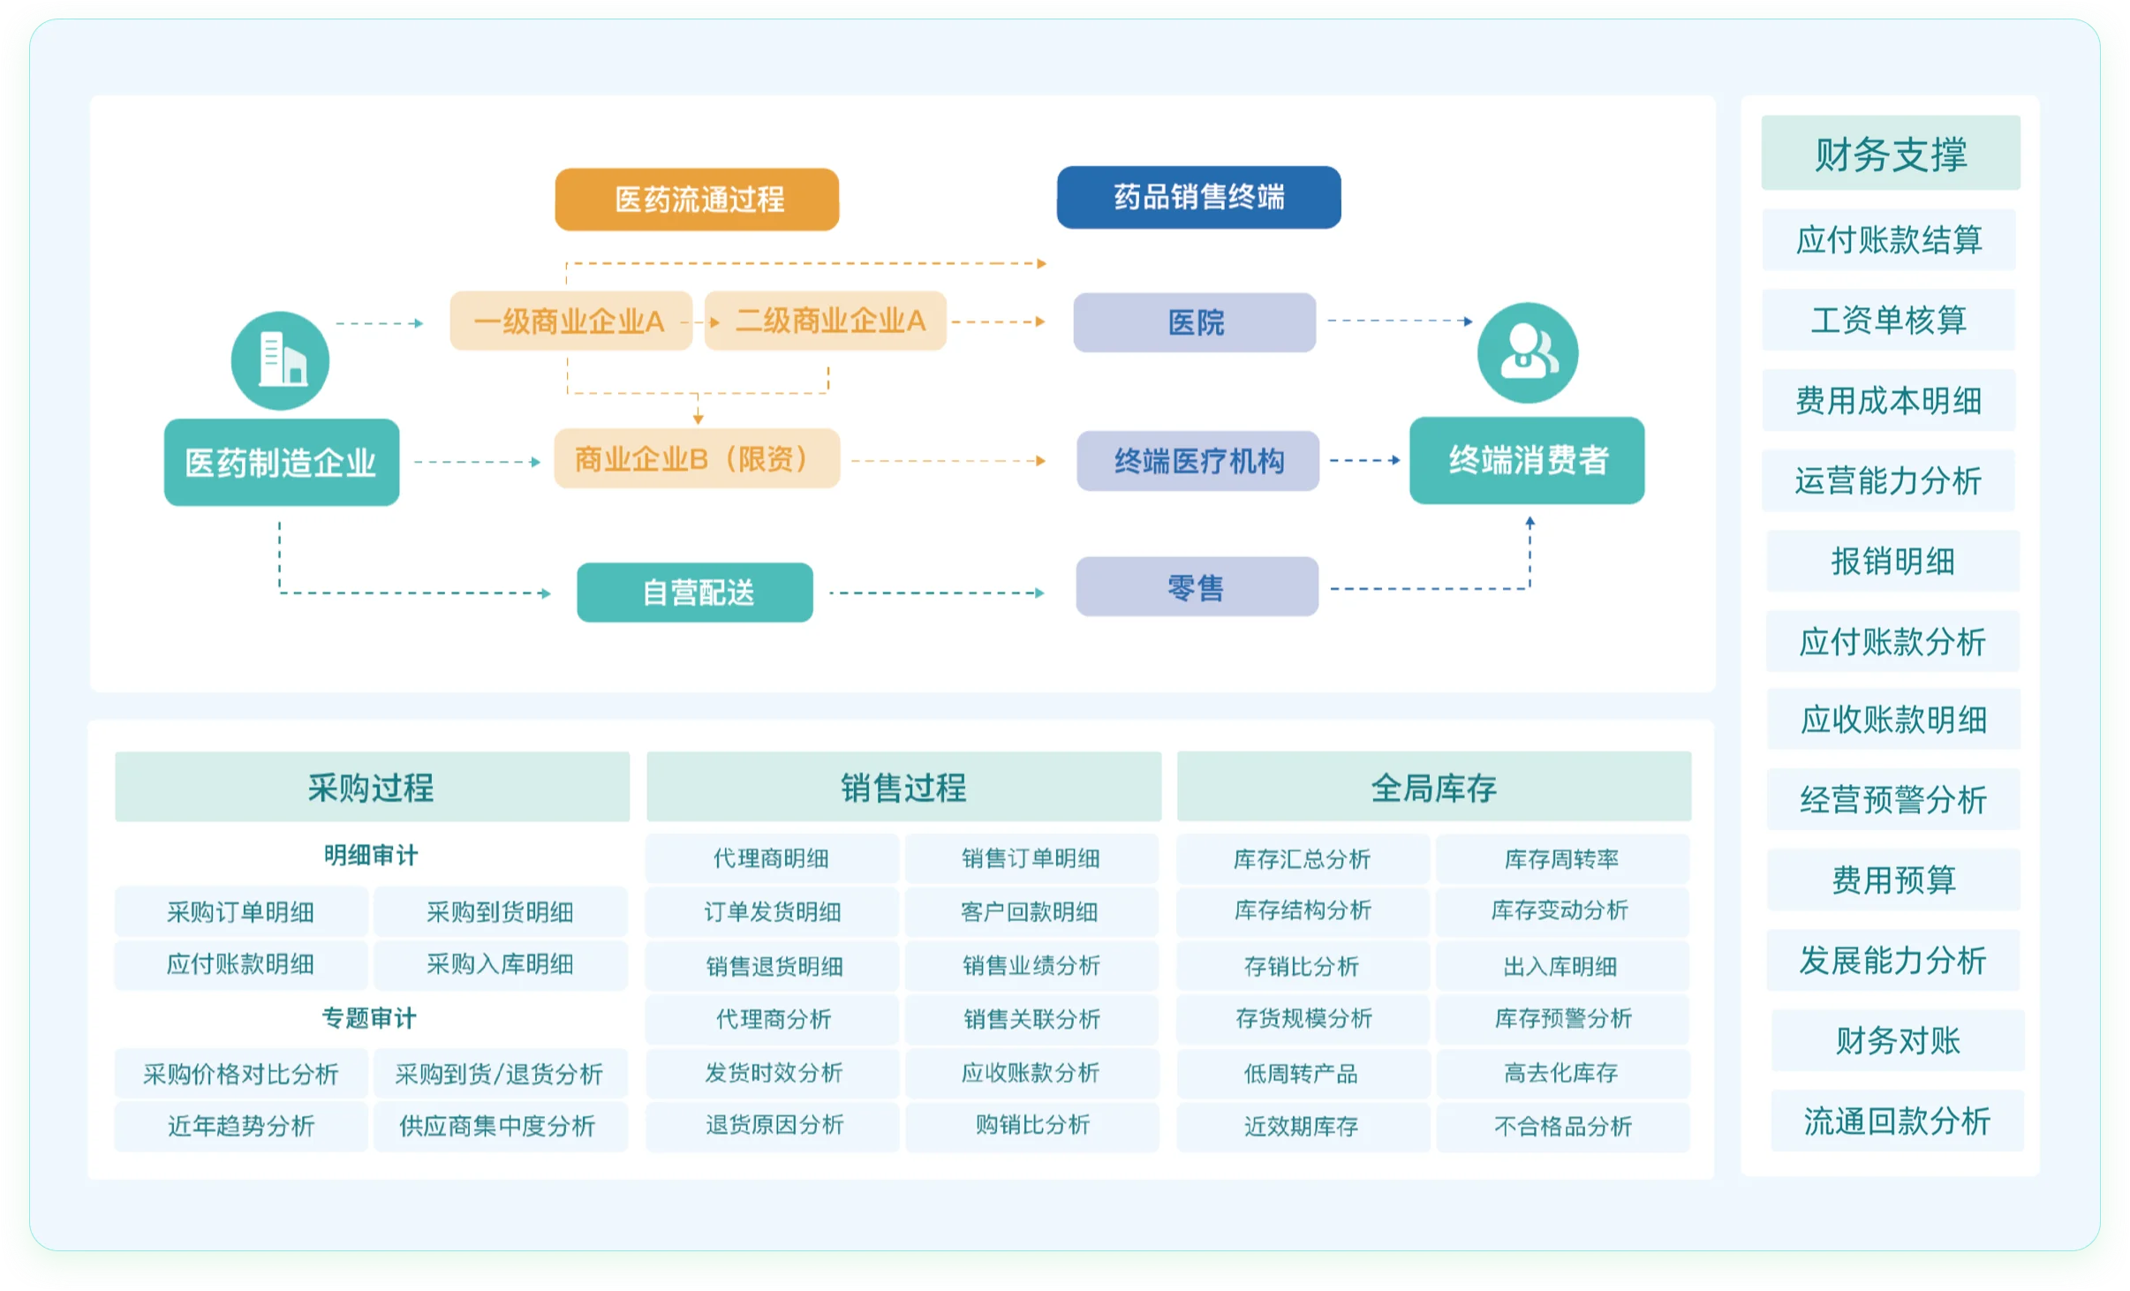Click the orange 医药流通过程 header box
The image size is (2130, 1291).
[697, 200]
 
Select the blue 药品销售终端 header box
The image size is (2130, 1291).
[1198, 197]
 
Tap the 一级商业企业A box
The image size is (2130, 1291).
[570, 321]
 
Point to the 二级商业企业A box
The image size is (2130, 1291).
[826, 321]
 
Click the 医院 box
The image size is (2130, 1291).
[1195, 322]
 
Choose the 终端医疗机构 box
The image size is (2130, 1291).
[1197, 461]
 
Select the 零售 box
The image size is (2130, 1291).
[1197, 587]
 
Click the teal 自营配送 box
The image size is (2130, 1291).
[695, 593]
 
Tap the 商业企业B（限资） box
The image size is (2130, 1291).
[697, 459]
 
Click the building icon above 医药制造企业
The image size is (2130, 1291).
[281, 360]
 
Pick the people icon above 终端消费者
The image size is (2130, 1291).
[1528, 353]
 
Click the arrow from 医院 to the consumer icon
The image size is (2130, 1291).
[1399, 321]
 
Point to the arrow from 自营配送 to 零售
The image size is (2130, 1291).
[936, 593]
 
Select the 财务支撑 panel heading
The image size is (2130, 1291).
[1891, 154]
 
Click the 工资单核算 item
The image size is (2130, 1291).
[1889, 320]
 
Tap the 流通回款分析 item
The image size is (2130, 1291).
[1897, 1121]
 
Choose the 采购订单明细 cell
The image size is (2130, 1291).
[241, 912]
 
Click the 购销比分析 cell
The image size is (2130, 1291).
[1032, 1125]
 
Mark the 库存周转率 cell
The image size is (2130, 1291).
[1561, 859]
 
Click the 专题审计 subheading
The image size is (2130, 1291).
[370, 1018]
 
